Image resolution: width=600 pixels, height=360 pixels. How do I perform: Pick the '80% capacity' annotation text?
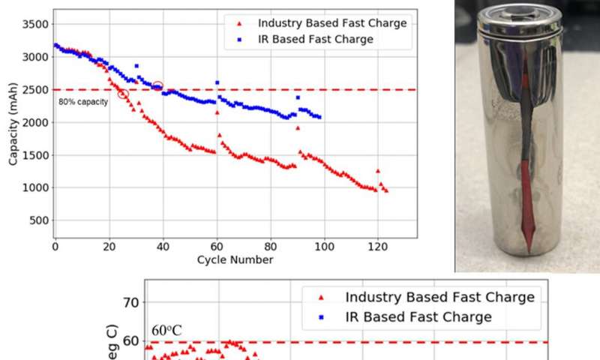(x=83, y=100)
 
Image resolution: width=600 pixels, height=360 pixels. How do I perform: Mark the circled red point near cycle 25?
(x=123, y=94)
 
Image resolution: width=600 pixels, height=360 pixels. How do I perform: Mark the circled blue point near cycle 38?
(x=157, y=86)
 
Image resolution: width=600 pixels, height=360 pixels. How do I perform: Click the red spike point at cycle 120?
(x=378, y=171)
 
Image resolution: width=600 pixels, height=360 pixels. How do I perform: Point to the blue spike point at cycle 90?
(x=298, y=97)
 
